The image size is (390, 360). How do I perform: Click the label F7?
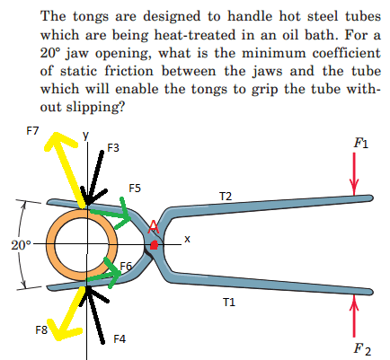[33, 130]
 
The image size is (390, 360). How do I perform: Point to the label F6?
[126, 266]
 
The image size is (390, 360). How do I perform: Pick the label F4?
[120, 338]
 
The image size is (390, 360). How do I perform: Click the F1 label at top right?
[359, 143]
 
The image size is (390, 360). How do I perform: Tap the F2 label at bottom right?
[362, 349]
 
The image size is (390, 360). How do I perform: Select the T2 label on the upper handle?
[226, 196]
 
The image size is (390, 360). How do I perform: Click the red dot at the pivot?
[155, 244]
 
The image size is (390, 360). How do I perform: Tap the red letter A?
[154, 226]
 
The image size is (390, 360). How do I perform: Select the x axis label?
[187, 239]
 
